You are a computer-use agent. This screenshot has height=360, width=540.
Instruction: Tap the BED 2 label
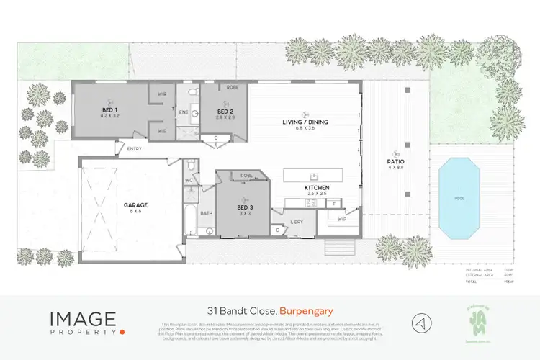225,112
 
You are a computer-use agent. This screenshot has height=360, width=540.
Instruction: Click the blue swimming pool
459,197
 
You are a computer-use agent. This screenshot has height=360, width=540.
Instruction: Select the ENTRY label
134,149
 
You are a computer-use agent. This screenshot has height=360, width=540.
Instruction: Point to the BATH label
207,213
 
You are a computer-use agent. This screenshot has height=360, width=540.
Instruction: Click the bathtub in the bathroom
191,213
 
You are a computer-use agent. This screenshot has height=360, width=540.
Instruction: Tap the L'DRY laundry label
297,221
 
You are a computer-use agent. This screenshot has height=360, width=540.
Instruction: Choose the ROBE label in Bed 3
246,175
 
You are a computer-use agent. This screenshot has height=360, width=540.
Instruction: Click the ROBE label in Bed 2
232,86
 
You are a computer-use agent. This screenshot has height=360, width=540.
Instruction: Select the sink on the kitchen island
314,175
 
